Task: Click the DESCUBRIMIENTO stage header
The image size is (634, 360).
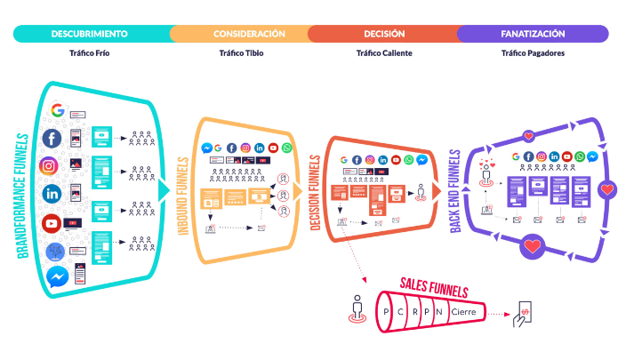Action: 89,34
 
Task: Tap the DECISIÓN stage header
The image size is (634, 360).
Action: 384,34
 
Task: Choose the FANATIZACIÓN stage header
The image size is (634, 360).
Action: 533,34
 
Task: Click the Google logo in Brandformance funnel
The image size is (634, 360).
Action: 57,111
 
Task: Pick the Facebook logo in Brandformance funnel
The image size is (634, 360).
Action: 52,139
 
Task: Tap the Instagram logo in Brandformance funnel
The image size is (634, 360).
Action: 49,166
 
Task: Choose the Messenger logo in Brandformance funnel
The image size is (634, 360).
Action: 57,276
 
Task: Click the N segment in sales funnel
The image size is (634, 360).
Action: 442,312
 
